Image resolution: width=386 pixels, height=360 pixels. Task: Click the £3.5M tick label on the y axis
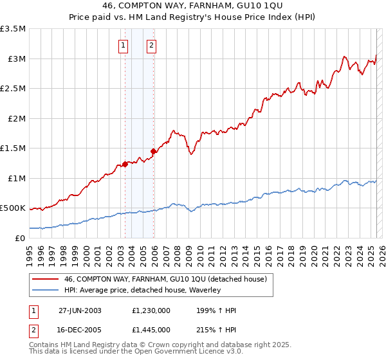pyautogui.click(x=14, y=29)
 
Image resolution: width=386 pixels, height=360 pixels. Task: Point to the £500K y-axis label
pyautogui.click(x=14, y=208)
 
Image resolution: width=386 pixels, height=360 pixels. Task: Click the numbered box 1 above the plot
pyautogui.click(x=123, y=46)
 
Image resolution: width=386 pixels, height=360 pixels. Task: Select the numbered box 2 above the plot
pyautogui.click(x=151, y=46)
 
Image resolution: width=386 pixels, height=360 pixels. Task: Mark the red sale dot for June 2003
pyautogui.click(x=125, y=164)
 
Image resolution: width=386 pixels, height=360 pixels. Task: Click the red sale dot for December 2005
pyautogui.click(x=153, y=151)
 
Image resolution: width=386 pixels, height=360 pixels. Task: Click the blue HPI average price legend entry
pyautogui.click(x=142, y=291)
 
